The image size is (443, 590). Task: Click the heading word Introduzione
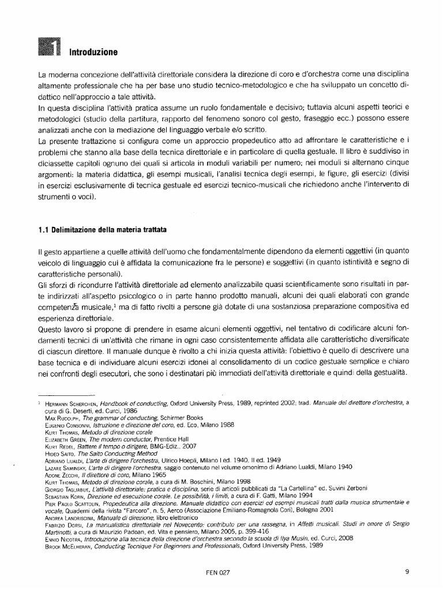[x=93, y=52]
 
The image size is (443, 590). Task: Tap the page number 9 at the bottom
[x=407, y=572]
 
